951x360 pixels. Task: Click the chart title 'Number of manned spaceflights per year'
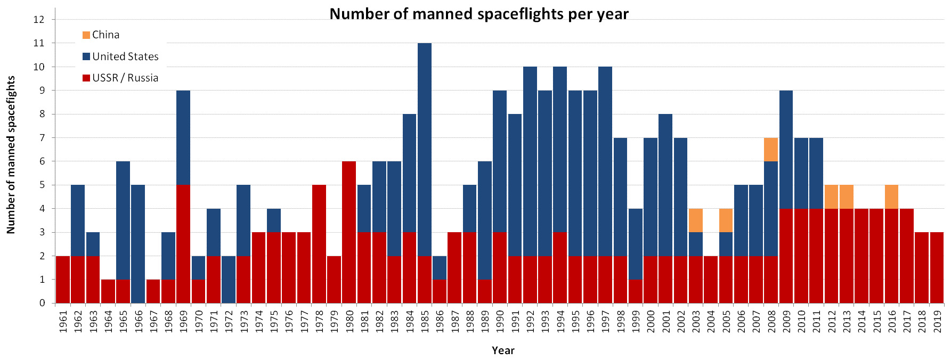tap(478, 14)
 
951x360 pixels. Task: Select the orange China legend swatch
tap(86, 35)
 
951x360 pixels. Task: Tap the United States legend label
tap(125, 56)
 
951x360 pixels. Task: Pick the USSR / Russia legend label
tap(125, 78)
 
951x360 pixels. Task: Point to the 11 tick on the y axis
tap(39, 43)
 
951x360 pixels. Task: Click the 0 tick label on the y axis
tap(42, 303)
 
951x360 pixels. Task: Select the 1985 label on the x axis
tap(425, 322)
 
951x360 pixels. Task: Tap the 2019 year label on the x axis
tap(937, 322)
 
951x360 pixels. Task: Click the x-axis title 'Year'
tap(503, 350)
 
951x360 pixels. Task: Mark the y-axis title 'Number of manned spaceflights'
tap(11, 155)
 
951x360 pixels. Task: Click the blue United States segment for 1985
tap(425, 150)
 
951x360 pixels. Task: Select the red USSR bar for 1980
tap(349, 232)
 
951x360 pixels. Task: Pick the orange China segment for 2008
tap(771, 150)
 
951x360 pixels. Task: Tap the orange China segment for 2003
tap(696, 220)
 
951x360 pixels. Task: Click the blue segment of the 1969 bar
tap(183, 138)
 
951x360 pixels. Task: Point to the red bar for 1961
tap(63, 280)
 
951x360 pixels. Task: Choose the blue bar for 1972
tap(229, 280)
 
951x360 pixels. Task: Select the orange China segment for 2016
tap(892, 197)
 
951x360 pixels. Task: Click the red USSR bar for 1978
tap(319, 244)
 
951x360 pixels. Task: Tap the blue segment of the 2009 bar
tap(786, 150)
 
